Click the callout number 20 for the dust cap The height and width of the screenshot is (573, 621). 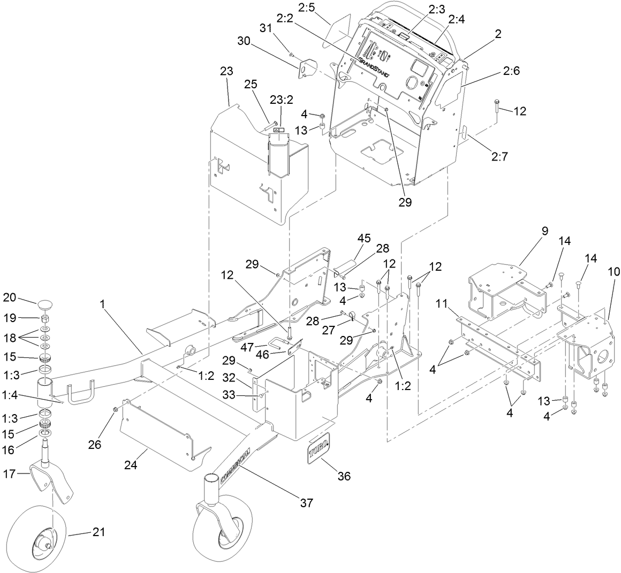[x=11, y=298]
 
